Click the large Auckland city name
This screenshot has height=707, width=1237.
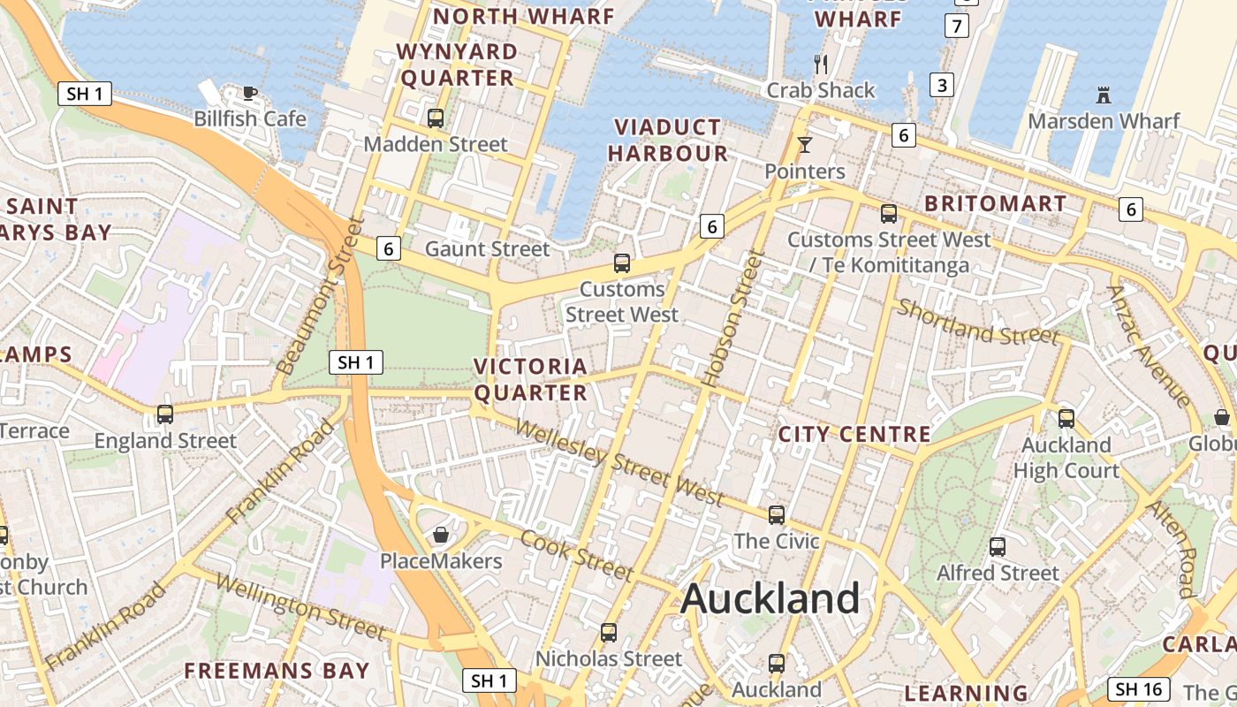[x=770, y=599]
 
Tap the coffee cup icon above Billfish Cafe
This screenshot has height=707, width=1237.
[x=250, y=92]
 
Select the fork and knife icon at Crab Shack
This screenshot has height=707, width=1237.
[x=821, y=64]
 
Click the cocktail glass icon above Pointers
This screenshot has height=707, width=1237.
[x=804, y=144]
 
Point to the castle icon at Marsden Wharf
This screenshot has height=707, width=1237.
[x=1103, y=95]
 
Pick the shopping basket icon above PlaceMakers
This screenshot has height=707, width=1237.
[x=441, y=535]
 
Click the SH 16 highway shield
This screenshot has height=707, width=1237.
[x=1139, y=689]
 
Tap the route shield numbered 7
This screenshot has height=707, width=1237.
[x=956, y=26]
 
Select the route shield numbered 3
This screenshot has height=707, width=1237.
[x=942, y=85]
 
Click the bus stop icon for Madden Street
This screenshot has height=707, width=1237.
[x=436, y=118]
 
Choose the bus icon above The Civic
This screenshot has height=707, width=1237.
[x=777, y=514]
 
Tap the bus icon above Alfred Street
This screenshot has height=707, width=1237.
[x=998, y=547]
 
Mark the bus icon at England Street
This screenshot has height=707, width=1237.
[x=165, y=414]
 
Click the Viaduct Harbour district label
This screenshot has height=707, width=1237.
[x=668, y=140]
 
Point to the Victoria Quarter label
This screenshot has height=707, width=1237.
[x=530, y=379]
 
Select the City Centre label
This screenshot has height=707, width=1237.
[x=854, y=434]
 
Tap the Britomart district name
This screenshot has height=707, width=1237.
[x=995, y=203]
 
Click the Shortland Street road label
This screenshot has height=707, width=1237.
[x=977, y=323]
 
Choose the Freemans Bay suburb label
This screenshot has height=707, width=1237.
[x=277, y=671]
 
